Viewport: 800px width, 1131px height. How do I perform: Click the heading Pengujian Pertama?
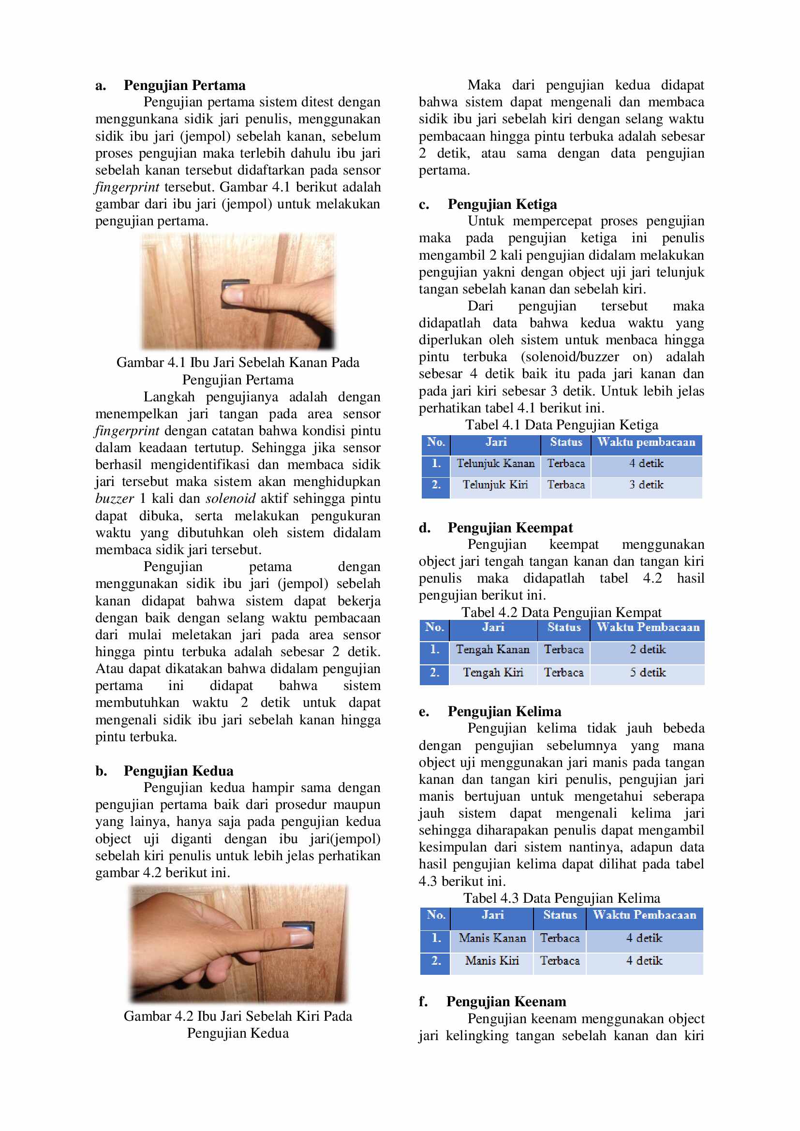click(x=184, y=85)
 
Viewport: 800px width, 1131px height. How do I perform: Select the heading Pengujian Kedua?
click(x=178, y=770)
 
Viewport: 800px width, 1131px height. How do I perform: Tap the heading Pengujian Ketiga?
click(x=502, y=204)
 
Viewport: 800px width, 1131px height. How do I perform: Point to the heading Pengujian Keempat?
click(x=510, y=528)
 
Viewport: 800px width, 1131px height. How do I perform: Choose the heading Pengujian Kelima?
click(x=504, y=711)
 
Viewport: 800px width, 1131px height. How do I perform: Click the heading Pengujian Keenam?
click(x=506, y=1001)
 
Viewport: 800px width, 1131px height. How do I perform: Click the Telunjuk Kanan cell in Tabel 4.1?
click(x=495, y=464)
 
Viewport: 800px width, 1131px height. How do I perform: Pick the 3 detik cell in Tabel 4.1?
click(x=646, y=485)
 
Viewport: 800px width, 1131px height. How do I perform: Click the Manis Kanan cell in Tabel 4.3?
click(x=492, y=938)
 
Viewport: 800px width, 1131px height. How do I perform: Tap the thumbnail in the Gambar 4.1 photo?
click(x=231, y=295)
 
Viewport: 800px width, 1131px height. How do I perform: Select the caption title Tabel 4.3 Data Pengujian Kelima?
click(x=562, y=898)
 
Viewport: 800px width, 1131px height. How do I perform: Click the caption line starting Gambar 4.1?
click(x=238, y=363)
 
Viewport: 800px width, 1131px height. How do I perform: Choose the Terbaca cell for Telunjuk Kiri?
click(x=566, y=485)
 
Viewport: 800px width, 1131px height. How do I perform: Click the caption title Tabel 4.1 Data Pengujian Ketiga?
click(x=562, y=425)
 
